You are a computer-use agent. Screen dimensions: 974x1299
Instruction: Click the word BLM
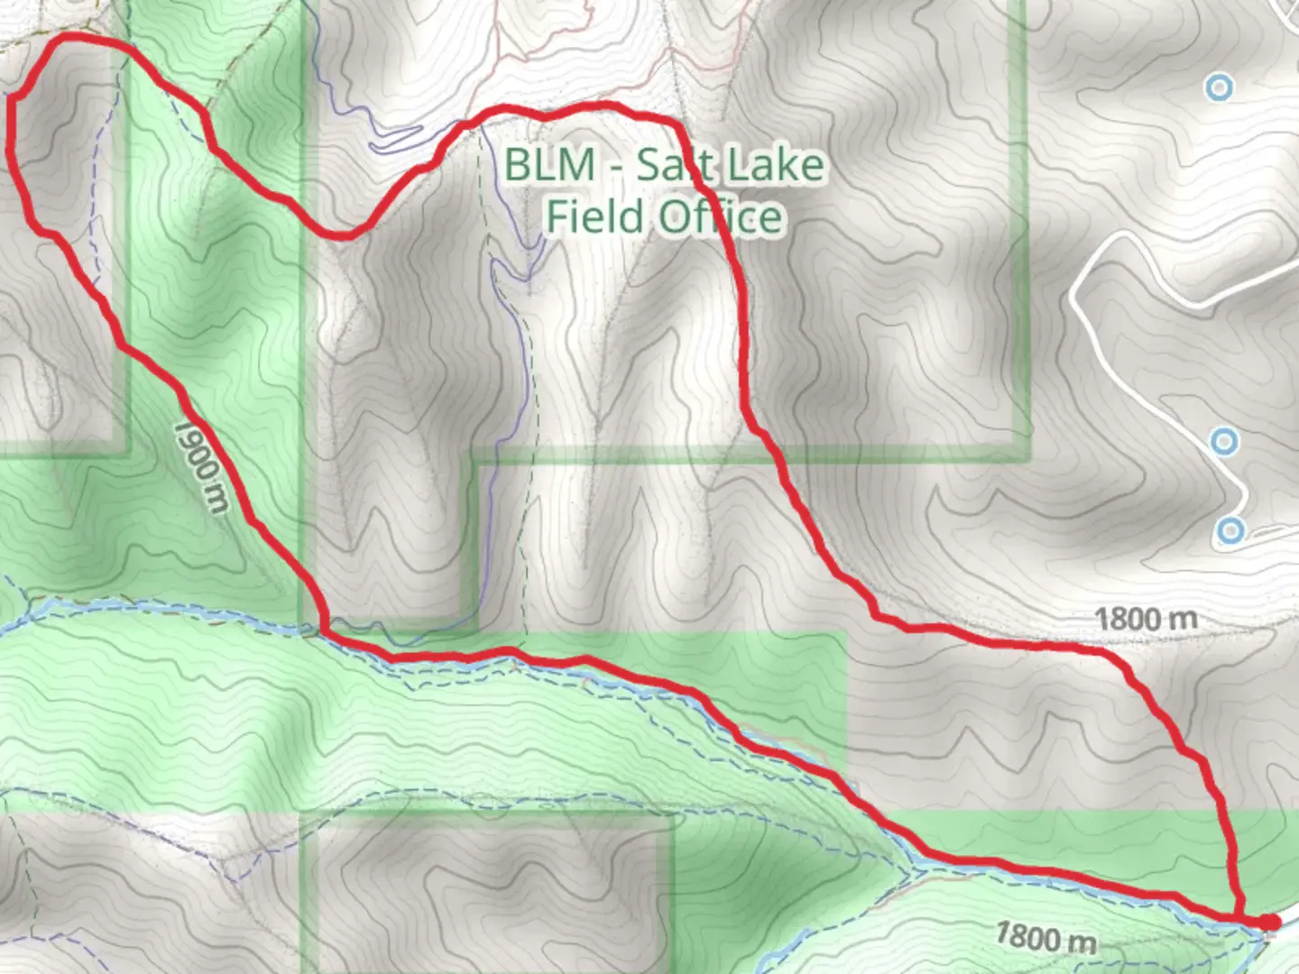click(549, 165)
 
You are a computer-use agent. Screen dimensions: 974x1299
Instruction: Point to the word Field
click(596, 217)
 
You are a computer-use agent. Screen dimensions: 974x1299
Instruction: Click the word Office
click(720, 217)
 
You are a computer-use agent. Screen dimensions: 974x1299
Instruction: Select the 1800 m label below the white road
click(1146, 620)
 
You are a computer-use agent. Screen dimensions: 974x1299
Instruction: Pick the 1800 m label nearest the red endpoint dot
click(1046, 938)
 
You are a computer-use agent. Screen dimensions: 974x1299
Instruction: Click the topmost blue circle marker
click(1220, 87)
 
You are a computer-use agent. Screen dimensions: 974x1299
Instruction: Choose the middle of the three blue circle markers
click(1224, 442)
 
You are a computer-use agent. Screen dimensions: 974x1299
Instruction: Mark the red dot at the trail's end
click(1269, 922)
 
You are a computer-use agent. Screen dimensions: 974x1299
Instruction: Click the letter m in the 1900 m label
click(216, 498)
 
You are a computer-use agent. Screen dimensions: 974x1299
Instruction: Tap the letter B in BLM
click(520, 165)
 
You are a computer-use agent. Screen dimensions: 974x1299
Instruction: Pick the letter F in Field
click(559, 217)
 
